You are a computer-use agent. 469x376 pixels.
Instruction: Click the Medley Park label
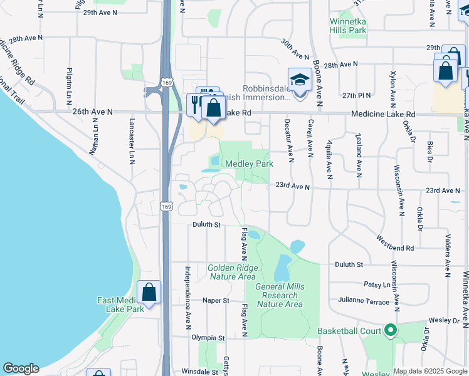pos(254,164)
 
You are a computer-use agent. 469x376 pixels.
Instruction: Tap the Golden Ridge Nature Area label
pos(232,272)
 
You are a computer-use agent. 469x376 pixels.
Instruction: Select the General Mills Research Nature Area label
pos(280,295)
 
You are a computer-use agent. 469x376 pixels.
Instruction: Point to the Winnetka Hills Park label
pos(348,25)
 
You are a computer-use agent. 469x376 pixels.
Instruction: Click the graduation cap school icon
pos(300,80)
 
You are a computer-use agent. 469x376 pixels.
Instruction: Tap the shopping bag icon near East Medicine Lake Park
pos(149,291)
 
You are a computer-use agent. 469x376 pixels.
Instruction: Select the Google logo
pos(20,368)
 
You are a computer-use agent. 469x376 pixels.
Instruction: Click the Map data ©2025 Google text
pos(430,371)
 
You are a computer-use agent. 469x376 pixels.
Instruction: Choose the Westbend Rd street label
pos(395,243)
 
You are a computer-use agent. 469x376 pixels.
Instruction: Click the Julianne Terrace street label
pos(363,301)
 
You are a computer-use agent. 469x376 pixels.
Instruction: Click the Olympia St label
pos(208,338)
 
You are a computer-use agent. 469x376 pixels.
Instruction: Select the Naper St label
pos(216,301)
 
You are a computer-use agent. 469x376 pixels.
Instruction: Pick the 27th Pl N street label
pos(357,95)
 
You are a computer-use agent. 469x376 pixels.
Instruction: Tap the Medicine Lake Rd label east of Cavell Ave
pos(383,114)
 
